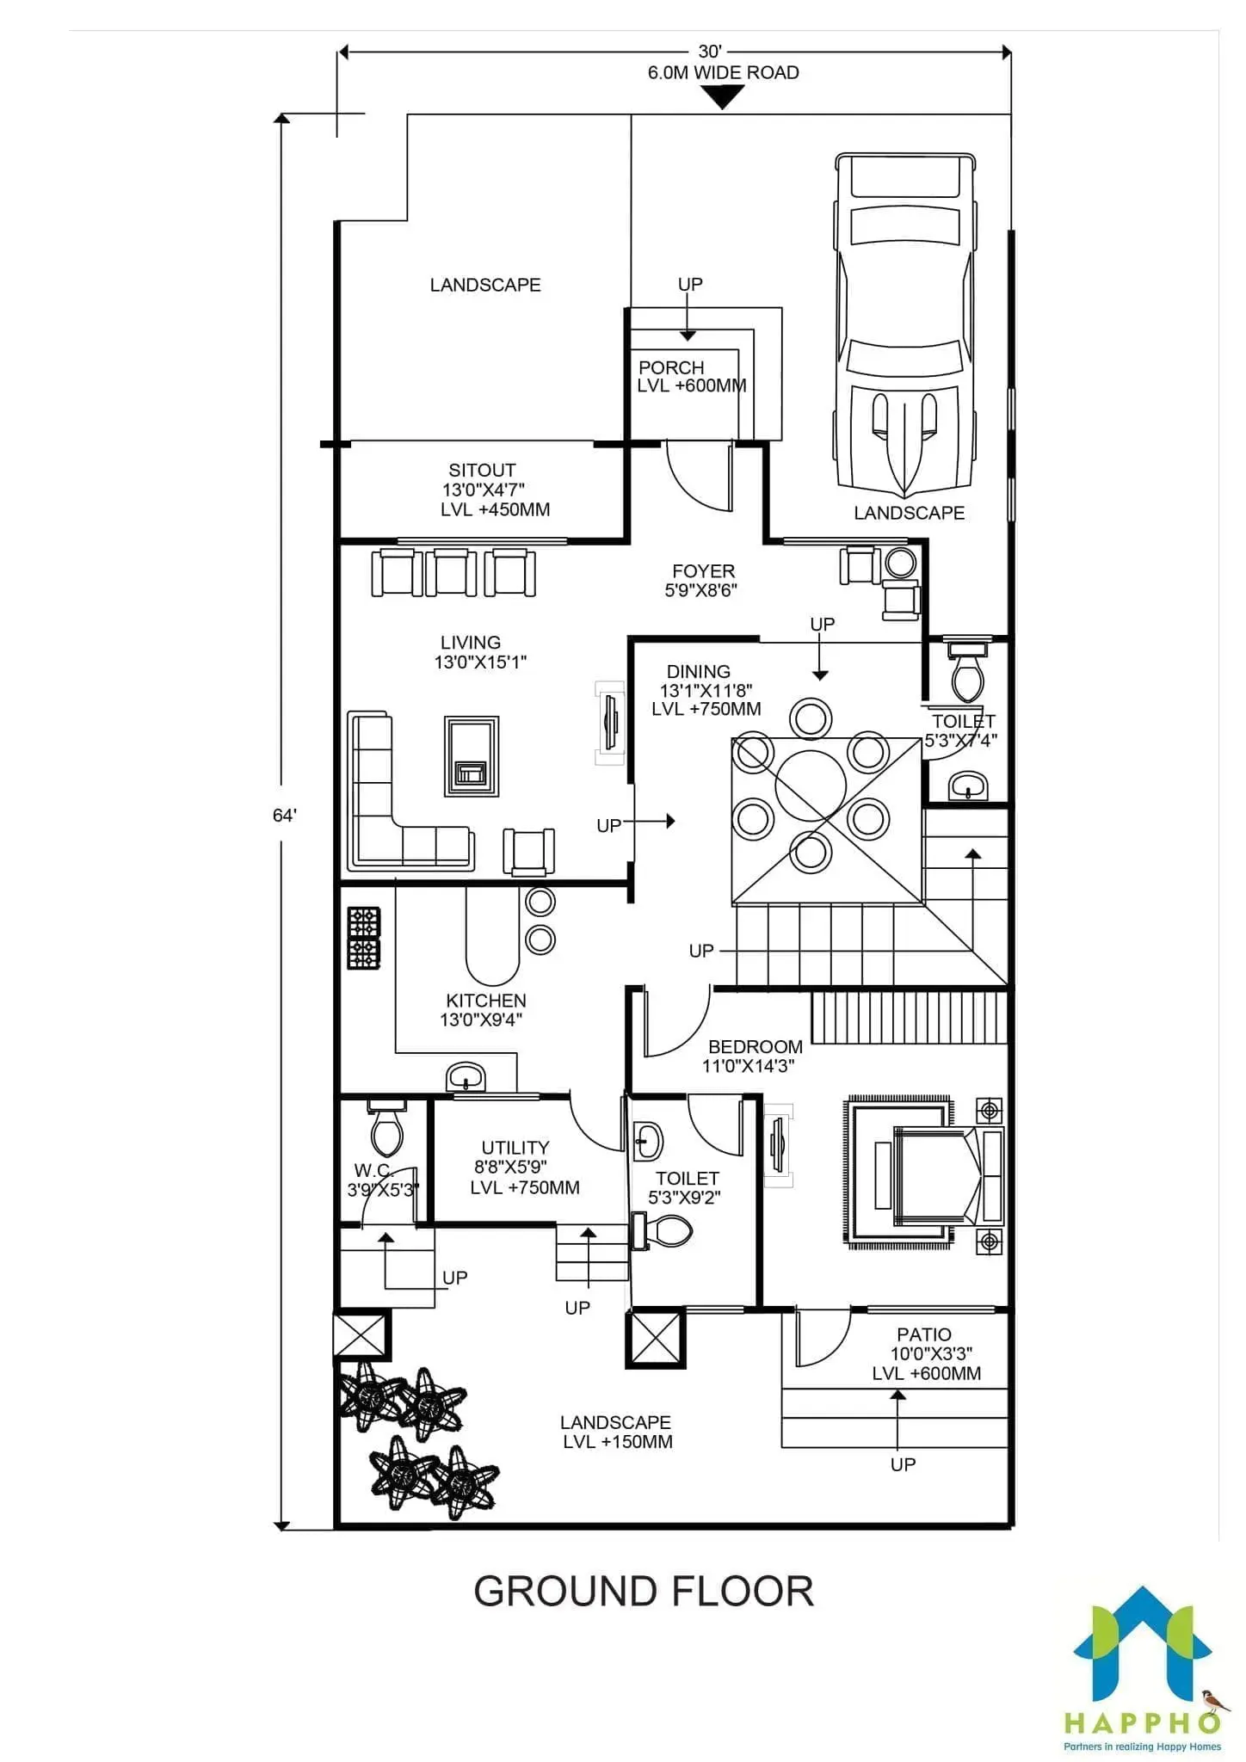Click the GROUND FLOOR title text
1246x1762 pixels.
[x=644, y=1592]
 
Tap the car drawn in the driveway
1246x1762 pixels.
[x=904, y=325]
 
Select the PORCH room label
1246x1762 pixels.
[x=671, y=367]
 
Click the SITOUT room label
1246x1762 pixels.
[x=482, y=471]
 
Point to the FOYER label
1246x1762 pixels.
[x=704, y=571]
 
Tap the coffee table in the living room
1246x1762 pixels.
[x=472, y=756]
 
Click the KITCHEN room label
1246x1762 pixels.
[x=486, y=1001]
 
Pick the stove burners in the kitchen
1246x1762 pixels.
[x=363, y=938]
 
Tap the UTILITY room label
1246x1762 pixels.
[x=515, y=1148]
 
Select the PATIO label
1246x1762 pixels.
[x=924, y=1334]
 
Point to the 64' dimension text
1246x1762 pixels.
[x=285, y=816]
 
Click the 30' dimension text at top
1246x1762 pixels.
[x=710, y=52]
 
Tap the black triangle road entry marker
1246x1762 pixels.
[x=723, y=96]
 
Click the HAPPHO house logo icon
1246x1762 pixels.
[x=1142, y=1650]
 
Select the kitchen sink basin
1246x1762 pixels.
[x=466, y=1077]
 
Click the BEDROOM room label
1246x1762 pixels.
[x=756, y=1047]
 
